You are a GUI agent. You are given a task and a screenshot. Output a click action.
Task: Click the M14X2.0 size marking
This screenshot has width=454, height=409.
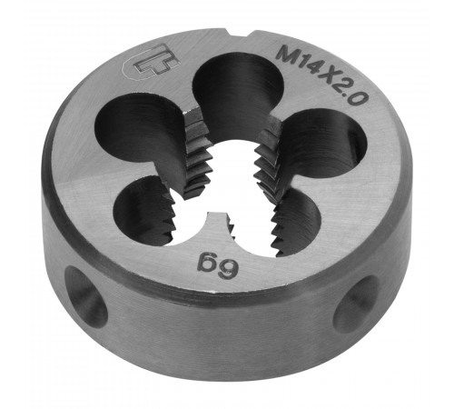[321, 75]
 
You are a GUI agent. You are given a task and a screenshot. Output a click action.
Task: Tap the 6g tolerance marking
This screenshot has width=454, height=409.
[217, 265]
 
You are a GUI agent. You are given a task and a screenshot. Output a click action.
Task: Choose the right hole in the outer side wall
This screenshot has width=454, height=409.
[357, 304]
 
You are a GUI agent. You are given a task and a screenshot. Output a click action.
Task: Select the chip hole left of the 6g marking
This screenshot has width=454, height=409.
[144, 211]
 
